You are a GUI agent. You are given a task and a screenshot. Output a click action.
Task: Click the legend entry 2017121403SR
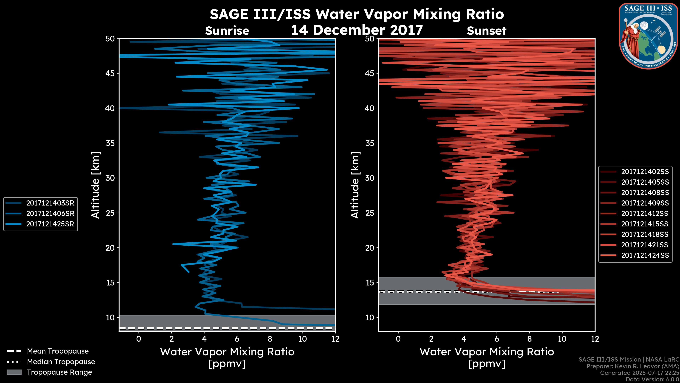[x=50, y=203]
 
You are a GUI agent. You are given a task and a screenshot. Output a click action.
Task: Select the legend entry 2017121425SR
[x=50, y=224]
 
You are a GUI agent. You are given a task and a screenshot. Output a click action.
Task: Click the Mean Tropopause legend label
[x=58, y=351]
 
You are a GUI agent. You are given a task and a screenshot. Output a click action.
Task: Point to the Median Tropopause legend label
[x=61, y=362]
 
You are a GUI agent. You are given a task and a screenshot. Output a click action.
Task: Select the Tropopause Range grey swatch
[x=14, y=372]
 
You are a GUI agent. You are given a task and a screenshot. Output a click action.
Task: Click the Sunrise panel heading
[x=227, y=31]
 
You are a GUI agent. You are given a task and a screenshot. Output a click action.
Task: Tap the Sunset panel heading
[x=486, y=31]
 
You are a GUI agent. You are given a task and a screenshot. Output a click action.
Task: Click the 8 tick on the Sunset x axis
[x=529, y=339]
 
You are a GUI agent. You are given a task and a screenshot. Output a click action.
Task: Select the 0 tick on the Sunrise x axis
[x=139, y=339]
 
